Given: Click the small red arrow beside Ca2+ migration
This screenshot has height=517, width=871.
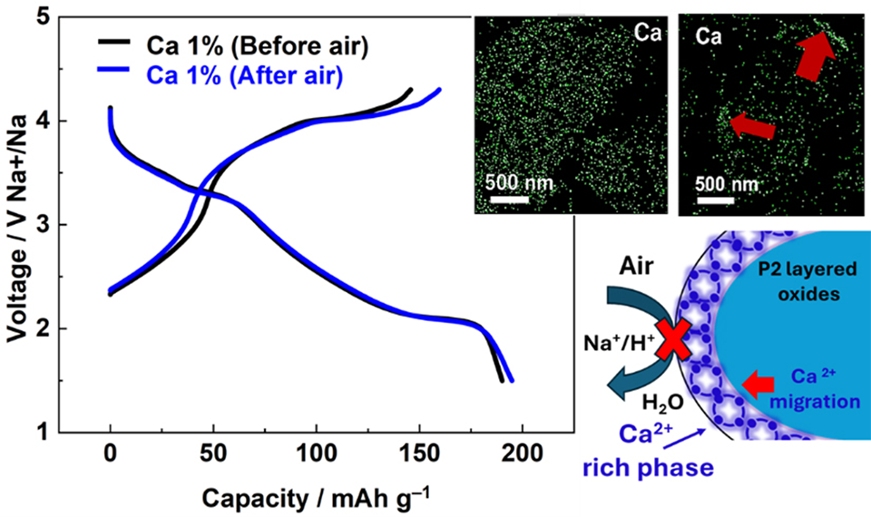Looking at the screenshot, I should click(x=754, y=385).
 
